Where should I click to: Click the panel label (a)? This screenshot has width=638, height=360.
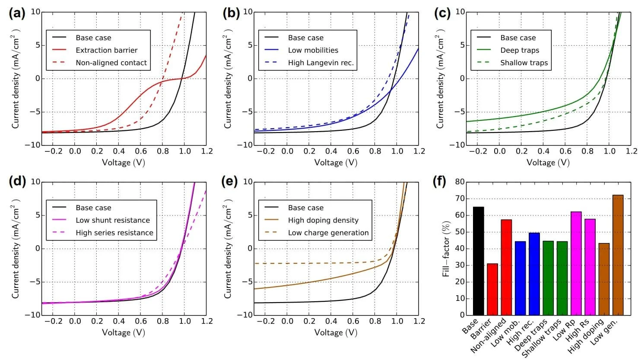pos(17,13)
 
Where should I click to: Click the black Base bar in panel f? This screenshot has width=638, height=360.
pos(478,261)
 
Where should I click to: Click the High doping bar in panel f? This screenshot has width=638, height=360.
pos(604,279)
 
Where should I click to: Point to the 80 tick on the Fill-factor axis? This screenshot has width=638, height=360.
pos(460,182)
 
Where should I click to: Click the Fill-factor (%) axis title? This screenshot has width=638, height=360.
pos(446,249)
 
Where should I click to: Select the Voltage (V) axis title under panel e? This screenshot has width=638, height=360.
pos(335,332)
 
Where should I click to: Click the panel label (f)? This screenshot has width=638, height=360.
pos(439,182)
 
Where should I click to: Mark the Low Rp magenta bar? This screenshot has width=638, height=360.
pos(576,263)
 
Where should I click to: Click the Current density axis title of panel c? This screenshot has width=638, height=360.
pos(440,79)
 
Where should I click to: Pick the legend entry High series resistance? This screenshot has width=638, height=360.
pos(114,233)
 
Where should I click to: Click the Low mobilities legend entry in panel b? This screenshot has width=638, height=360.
pos(313,50)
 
